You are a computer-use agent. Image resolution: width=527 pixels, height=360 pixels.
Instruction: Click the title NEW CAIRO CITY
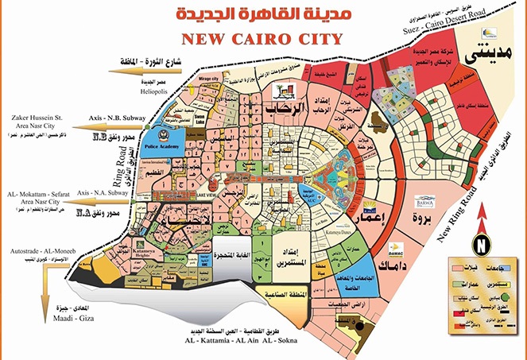(262, 39)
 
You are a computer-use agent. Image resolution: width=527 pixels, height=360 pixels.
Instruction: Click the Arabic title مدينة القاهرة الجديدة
(263, 15)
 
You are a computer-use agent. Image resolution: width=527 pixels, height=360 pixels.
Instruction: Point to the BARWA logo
(434, 202)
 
